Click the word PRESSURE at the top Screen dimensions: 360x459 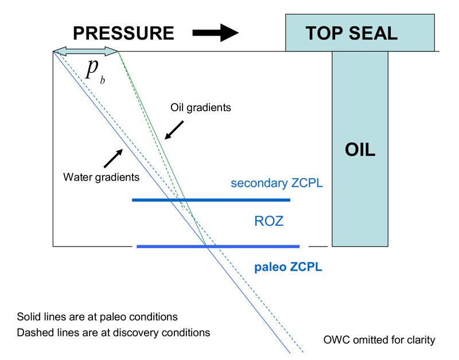pyautogui.click(x=123, y=33)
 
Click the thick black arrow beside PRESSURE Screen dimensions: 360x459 pyautogui.click(x=215, y=33)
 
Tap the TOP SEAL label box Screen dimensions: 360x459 pyautogui.click(x=351, y=33)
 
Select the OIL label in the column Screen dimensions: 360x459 pyautogui.click(x=360, y=150)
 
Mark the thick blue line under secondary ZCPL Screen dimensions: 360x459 pyautogui.click(x=211, y=199)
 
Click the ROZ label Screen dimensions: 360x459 pyautogui.click(x=269, y=221)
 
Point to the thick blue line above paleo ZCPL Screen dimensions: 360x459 pyautogui.click(x=218, y=246)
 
